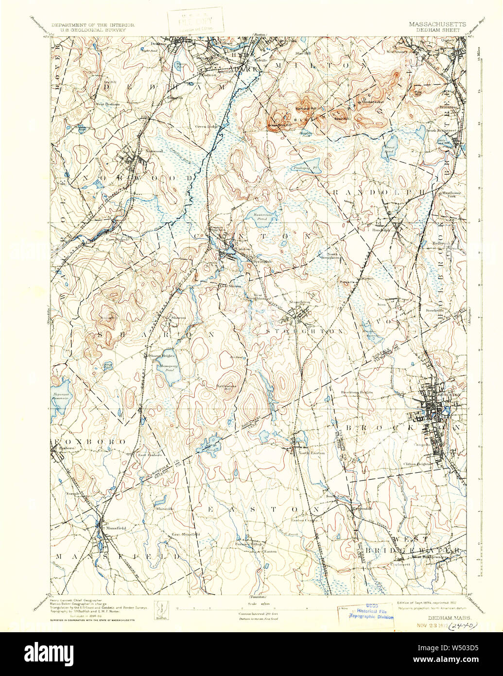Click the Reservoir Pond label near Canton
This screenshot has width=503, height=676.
pyautogui.click(x=262, y=216)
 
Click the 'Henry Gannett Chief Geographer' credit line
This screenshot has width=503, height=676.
pyautogui.click(x=76, y=601)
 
